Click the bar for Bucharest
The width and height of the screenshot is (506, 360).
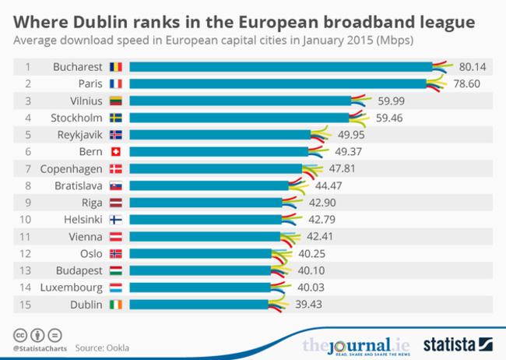(x=280, y=67)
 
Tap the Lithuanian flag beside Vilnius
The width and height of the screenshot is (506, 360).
(x=116, y=101)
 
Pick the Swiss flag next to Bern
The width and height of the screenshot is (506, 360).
(x=116, y=151)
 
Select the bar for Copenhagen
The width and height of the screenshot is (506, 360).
(x=215, y=168)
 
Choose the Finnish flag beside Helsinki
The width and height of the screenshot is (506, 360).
(x=116, y=220)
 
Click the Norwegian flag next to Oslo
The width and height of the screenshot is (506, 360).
(x=116, y=253)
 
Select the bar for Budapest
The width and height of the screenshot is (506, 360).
(x=200, y=270)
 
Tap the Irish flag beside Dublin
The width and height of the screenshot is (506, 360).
(x=116, y=305)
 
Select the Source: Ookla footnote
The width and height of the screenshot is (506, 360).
(x=103, y=347)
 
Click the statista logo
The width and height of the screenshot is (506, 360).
(x=459, y=344)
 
